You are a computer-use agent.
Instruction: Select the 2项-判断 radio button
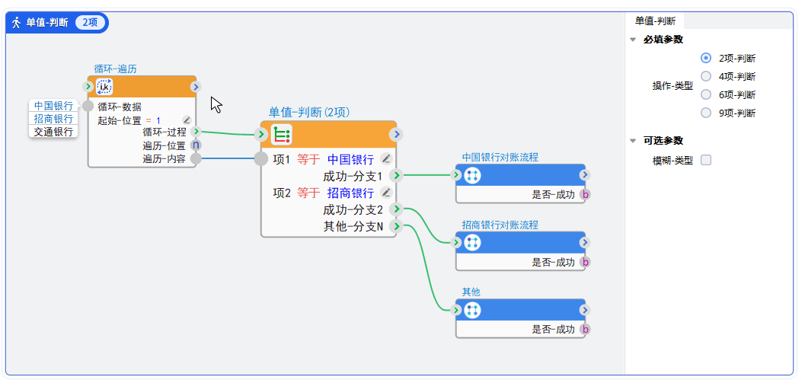[706, 58]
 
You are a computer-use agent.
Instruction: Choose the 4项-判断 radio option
[706, 76]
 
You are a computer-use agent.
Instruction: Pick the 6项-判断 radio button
[706, 94]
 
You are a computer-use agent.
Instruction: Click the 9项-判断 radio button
[706, 113]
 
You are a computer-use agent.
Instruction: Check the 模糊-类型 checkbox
[706, 160]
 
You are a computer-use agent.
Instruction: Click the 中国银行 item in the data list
[53, 106]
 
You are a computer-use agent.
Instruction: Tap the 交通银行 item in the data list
[53, 132]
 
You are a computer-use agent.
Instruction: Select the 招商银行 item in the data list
[53, 119]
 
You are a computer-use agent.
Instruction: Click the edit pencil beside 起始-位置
[187, 120]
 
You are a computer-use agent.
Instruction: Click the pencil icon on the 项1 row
[386, 159]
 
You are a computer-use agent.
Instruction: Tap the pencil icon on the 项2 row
[386, 192]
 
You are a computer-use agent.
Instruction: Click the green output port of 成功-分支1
[397, 176]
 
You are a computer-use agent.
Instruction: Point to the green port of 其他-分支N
[397, 226]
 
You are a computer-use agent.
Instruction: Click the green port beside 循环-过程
[196, 132]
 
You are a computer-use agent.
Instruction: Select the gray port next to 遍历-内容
[196, 158]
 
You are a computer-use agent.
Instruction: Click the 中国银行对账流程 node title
[500, 158]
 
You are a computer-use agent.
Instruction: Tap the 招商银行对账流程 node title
[500, 225]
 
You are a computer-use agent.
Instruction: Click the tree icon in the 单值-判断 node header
[281, 135]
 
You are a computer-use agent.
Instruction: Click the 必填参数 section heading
[663, 40]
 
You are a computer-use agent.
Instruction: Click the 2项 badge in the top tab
[90, 23]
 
